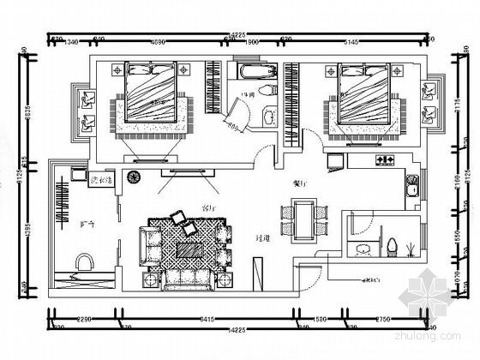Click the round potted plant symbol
[x=134, y=178]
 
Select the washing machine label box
[x=101, y=179]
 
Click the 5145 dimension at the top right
[x=353, y=41]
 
